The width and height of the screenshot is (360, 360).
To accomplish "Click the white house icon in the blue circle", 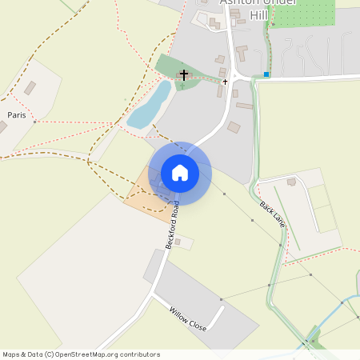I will pyautogui.click(x=180, y=172).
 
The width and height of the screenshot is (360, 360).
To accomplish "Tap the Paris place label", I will pyautogui.click(x=16, y=115).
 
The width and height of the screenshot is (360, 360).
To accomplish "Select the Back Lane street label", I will pyautogui.click(x=272, y=213).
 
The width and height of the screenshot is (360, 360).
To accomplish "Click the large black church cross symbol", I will pyautogui.click(x=184, y=75).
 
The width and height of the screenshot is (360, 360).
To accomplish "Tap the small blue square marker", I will pyautogui.click(x=266, y=74).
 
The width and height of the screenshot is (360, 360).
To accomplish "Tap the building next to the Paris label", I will pyautogui.click(x=30, y=88).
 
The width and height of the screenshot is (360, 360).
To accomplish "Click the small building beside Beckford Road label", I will pyautogui.click(x=177, y=241).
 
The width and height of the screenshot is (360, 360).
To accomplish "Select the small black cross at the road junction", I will pyautogui.click(x=225, y=82).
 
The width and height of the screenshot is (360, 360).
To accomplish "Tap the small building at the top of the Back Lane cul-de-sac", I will pyautogui.click(x=291, y=182).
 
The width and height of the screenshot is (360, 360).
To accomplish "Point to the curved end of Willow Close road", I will pyautogui.click(x=221, y=310).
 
